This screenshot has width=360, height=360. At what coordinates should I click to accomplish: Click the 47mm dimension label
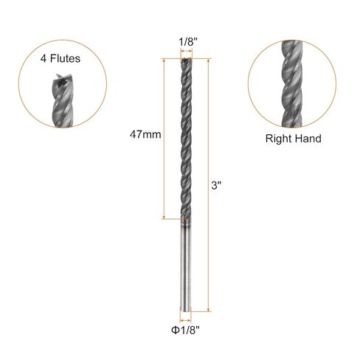coord(145,134)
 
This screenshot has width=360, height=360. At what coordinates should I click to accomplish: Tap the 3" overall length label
coord(216,185)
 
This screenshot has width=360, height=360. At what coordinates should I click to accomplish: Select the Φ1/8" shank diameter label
coord(185,330)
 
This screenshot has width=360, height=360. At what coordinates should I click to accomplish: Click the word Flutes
coord(66,58)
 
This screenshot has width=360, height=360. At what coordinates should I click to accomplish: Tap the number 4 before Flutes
coord(44,58)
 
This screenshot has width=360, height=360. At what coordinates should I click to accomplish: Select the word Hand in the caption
coord(308,139)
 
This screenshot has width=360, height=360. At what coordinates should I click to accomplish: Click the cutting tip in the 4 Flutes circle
coord(63,79)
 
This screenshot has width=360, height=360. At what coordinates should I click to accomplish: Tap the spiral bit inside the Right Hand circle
coord(291,83)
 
